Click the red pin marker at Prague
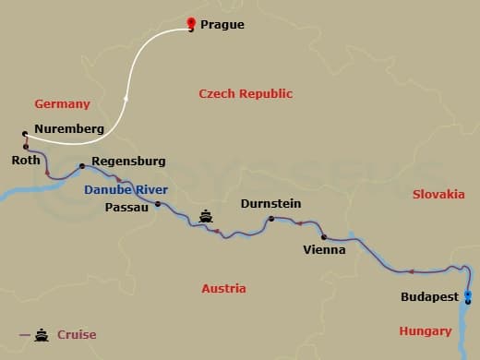pyautogui.click(x=191, y=24)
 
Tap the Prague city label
pyautogui.click(x=222, y=25)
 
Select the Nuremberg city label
pyautogui.click(x=68, y=129)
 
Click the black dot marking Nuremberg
pyautogui.click(x=25, y=135)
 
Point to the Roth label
pyautogui.click(x=26, y=160)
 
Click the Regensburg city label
pyautogui.click(x=129, y=161)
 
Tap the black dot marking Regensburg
pyautogui.click(x=82, y=166)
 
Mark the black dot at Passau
pyautogui.click(x=158, y=204)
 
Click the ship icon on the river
pyautogui.click(x=206, y=217)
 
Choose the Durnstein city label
pyautogui.click(x=270, y=204)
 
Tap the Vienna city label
pyautogui.click(x=324, y=249)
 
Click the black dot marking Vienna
pyautogui.click(x=323, y=237)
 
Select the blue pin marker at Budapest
pyautogui.click(x=468, y=295)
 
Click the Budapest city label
pyautogui.click(x=428, y=297)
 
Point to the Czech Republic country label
pyautogui.click(x=246, y=93)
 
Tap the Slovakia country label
pyautogui.click(x=438, y=194)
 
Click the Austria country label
pyautogui.click(x=223, y=288)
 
